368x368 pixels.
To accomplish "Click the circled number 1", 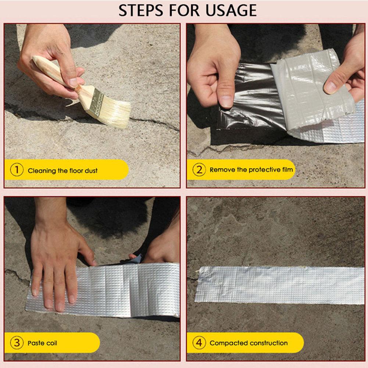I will point(17,170).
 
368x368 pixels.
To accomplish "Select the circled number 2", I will point(199,169).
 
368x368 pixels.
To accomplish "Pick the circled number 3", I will point(17,343).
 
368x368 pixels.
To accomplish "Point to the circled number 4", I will point(199,343).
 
